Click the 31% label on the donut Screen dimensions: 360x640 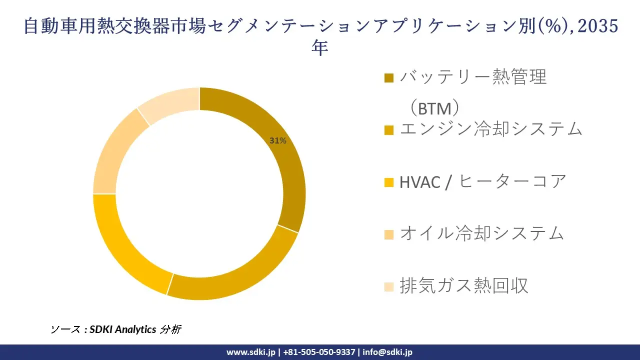278,141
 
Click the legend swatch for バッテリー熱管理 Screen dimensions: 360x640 389,77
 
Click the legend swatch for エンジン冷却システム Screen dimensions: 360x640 389,130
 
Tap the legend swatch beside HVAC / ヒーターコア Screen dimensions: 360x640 389,182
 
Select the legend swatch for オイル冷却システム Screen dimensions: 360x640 389,234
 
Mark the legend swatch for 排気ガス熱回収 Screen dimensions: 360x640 389,286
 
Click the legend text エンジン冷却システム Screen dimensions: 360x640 491,129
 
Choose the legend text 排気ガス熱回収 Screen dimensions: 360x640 463,285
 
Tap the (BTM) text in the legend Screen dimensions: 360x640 434,108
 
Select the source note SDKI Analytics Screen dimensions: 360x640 122,329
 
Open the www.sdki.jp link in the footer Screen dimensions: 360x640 251,352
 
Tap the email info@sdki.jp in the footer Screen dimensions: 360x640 387,352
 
